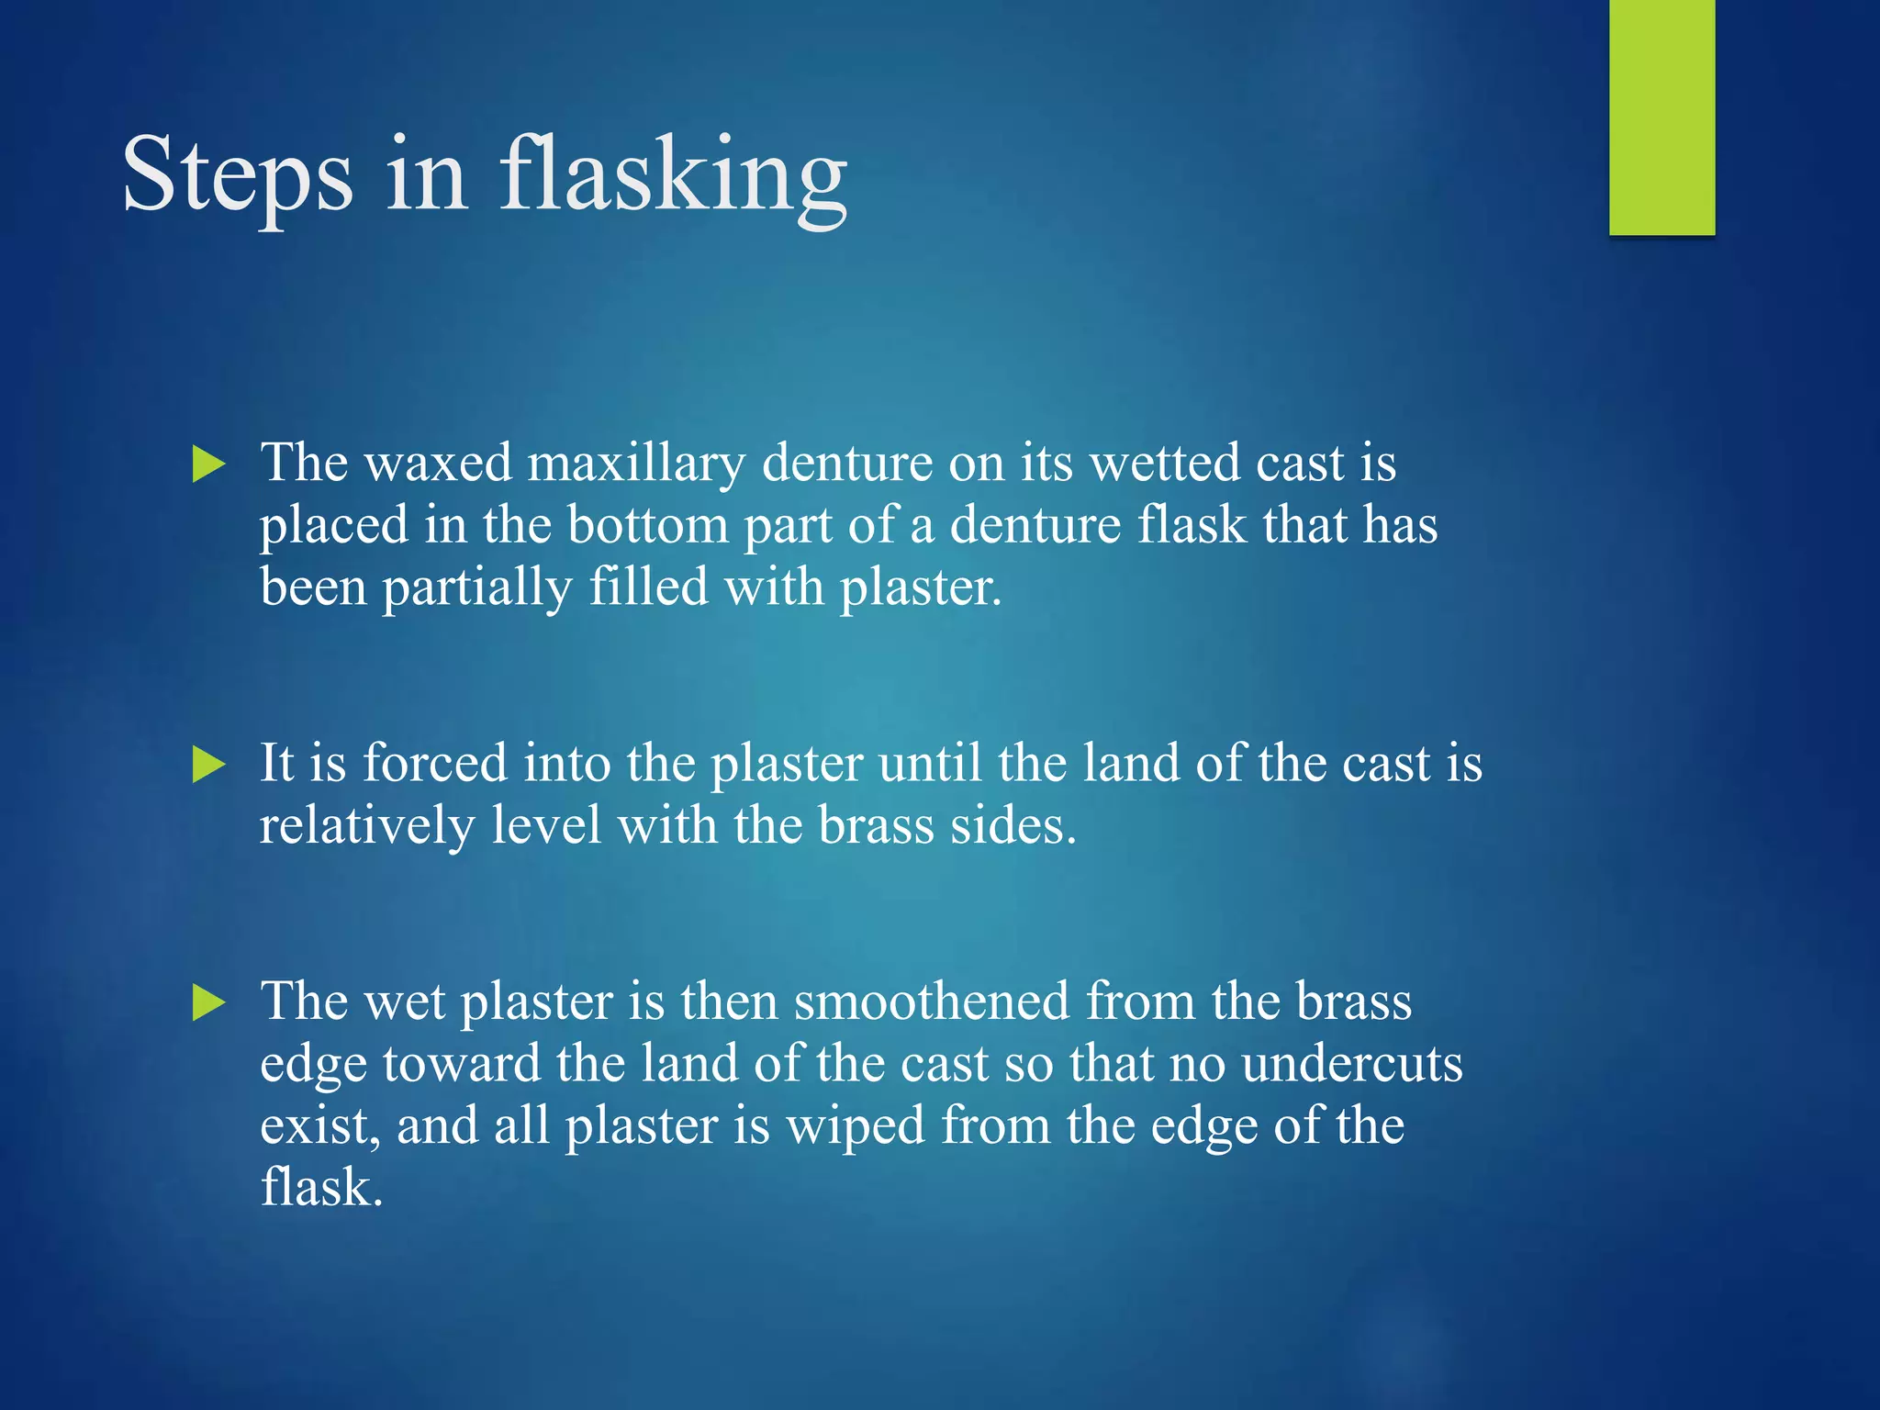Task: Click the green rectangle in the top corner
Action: (x=1662, y=117)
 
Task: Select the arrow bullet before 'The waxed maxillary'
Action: (x=208, y=464)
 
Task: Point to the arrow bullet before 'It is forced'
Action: (x=208, y=765)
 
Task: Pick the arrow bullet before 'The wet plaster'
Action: (x=208, y=1002)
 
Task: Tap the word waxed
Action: (x=438, y=464)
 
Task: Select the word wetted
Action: (x=1165, y=464)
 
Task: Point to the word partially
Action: (x=476, y=588)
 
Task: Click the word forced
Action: (x=435, y=764)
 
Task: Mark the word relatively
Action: (x=366, y=826)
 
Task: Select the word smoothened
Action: (x=931, y=1002)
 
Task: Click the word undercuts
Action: (x=1351, y=1065)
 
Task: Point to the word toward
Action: (x=462, y=1065)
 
